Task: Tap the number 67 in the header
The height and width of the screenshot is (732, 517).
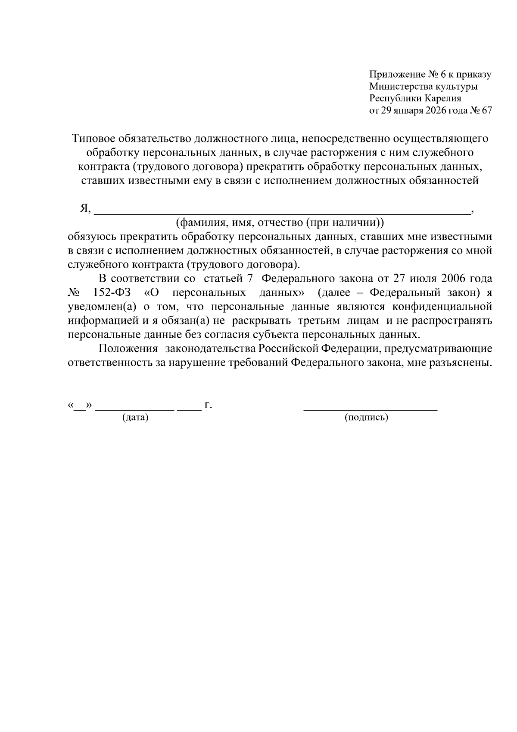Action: (486, 110)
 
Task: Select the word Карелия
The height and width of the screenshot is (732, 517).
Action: (443, 98)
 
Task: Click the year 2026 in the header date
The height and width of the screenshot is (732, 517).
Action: (436, 110)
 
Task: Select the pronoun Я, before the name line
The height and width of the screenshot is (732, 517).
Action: (85, 209)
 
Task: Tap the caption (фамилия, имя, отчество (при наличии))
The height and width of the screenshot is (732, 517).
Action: (280, 223)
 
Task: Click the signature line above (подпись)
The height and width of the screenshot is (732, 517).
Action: (371, 408)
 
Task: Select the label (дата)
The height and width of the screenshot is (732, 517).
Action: (135, 418)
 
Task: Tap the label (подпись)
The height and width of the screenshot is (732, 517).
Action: (367, 418)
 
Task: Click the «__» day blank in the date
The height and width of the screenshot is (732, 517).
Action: (80, 406)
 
